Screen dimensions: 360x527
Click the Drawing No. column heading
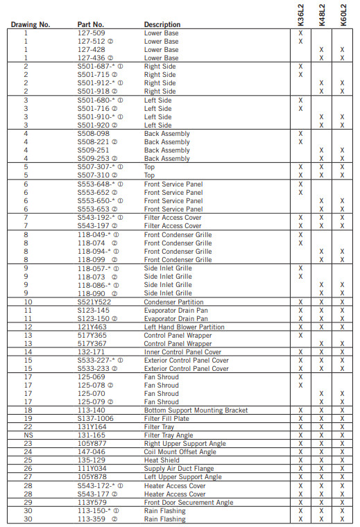(x=31, y=25)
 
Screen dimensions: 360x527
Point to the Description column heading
(x=162, y=25)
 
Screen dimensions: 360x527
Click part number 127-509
(x=92, y=33)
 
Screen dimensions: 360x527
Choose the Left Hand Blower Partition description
(x=184, y=327)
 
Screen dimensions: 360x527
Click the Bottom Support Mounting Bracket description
(x=196, y=411)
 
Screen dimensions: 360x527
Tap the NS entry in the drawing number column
(x=28, y=435)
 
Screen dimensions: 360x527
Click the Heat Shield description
(x=162, y=460)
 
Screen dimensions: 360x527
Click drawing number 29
(x=28, y=503)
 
